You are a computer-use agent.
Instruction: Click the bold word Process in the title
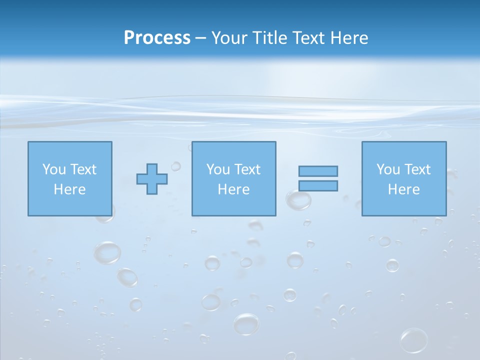pos(157,38)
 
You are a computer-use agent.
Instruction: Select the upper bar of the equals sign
pos(318,171)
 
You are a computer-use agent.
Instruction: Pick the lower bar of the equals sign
pos(318,185)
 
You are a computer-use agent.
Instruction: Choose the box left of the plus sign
pos(69,178)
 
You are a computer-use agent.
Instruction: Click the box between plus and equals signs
pos(233,178)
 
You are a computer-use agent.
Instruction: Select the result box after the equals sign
pos(403,178)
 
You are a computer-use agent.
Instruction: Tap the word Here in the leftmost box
pos(69,189)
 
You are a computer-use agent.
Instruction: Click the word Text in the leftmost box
pos(83,169)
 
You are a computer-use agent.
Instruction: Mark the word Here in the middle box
pos(233,189)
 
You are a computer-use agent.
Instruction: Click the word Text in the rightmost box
pos(417,169)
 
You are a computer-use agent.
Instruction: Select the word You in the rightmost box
pos(388,169)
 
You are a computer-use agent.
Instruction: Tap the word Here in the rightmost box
pos(403,189)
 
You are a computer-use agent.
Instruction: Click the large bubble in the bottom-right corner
pos(414,340)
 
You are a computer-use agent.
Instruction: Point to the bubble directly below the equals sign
pos(298,200)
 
